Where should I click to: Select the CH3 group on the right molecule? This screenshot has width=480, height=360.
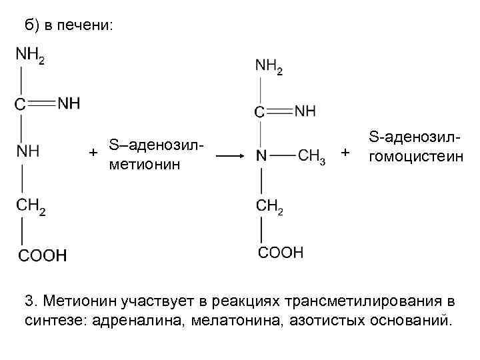click(x=311, y=156)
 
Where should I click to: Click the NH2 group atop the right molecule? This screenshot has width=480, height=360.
click(x=269, y=66)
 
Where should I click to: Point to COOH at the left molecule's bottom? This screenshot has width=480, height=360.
click(x=42, y=255)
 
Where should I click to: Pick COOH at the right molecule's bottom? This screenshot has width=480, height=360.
click(x=281, y=252)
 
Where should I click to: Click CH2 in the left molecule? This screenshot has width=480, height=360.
click(x=31, y=207)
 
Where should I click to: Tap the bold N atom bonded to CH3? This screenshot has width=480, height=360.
click(x=261, y=156)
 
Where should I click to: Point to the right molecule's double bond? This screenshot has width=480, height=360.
click(x=279, y=111)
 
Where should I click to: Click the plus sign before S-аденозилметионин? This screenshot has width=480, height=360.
click(x=94, y=153)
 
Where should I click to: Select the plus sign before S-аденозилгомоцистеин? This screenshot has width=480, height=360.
click(x=345, y=153)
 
